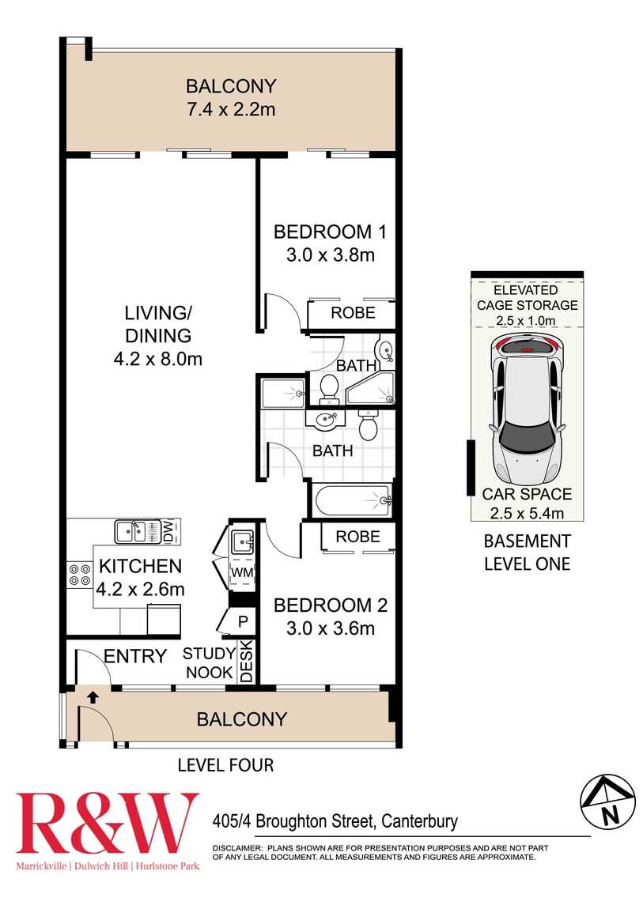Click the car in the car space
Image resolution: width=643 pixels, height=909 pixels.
coord(527,411)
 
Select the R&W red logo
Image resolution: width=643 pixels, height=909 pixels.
coord(108,825)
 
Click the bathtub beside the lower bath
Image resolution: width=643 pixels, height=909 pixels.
coord(352,500)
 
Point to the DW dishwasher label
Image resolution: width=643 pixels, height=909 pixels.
coord(168,530)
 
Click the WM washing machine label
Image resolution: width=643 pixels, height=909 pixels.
coord(241,571)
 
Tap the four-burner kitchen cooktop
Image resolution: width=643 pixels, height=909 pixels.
coord(79,574)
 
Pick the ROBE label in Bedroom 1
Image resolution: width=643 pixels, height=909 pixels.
coord(352,313)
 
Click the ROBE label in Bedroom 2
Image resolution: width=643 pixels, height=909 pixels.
coord(357,537)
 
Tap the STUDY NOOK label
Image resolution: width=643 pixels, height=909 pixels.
coord(209,663)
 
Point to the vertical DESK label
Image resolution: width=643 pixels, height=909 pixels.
coord(245,661)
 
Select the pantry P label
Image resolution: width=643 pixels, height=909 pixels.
coord(243,620)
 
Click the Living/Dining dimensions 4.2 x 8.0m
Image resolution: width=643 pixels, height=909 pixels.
coord(158,358)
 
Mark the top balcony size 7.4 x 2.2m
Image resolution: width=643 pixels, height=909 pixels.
coord(230,109)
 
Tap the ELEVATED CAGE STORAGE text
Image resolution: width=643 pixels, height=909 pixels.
coord(526,297)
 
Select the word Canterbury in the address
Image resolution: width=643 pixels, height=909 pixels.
coord(419,821)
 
